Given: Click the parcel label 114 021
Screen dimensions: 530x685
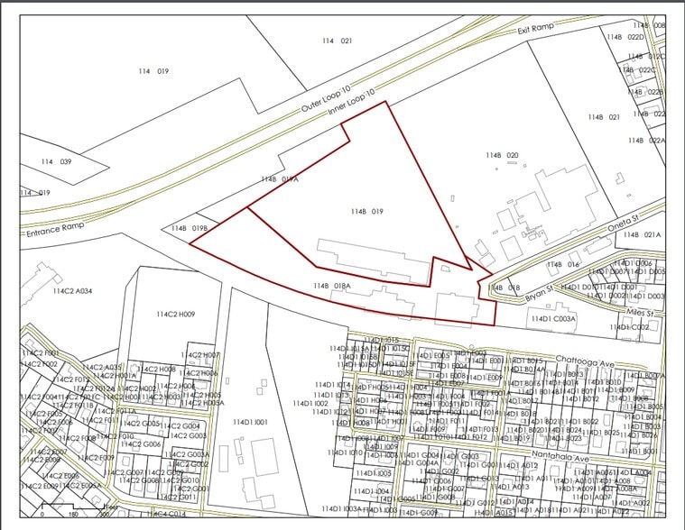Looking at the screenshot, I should coord(337,41).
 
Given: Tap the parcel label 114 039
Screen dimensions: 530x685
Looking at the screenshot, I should coord(56,161).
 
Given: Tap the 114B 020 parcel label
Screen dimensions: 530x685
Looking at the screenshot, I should coord(502,155).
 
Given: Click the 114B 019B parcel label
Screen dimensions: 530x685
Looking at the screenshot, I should coord(190,228).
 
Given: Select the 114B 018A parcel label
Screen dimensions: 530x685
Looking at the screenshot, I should coord(331,286).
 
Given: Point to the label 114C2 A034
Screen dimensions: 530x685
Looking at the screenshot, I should coord(73,291).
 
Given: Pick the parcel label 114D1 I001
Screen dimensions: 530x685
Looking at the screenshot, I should coord(250,422).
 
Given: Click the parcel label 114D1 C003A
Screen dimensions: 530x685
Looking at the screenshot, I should coord(553,318).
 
